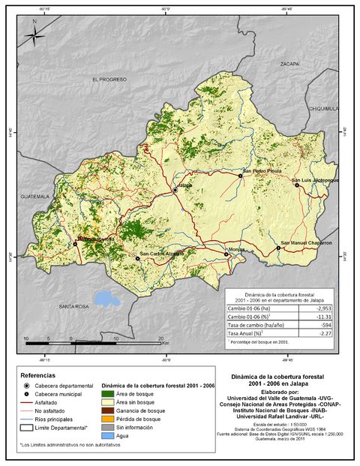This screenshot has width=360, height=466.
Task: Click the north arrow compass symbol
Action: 34,35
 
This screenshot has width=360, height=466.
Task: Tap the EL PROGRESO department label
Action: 109,79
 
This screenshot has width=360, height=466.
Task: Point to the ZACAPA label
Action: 289,65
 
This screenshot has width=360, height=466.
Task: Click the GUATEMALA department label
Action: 34,196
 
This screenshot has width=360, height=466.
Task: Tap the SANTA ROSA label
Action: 74,306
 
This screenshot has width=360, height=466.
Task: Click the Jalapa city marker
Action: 175,191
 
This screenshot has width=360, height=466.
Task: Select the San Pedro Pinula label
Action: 261,171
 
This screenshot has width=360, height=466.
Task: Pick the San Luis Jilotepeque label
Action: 315,181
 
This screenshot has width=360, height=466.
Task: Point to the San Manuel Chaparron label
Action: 306,243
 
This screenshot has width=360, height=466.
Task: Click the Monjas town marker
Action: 226,255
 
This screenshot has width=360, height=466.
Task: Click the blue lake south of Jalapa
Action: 106,299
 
